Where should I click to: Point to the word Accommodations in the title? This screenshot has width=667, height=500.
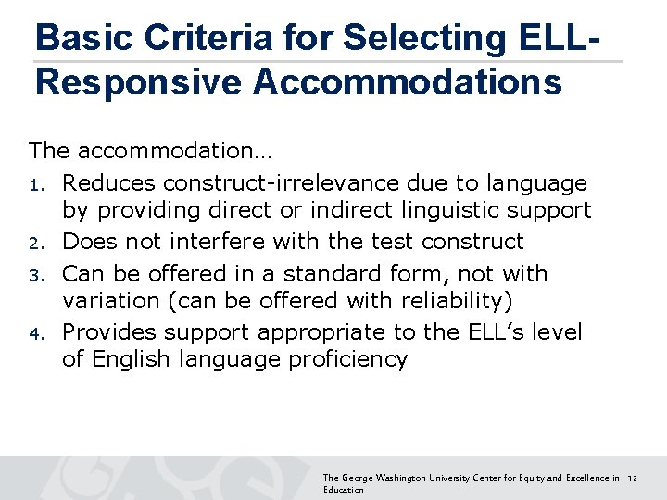pyautogui.click(x=408, y=81)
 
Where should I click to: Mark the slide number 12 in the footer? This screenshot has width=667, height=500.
pyautogui.click(x=634, y=478)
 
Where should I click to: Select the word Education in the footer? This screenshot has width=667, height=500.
pyautogui.click(x=344, y=490)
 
